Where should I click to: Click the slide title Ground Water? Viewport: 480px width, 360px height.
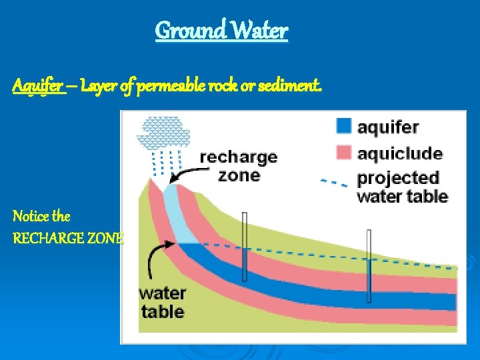point(221,31)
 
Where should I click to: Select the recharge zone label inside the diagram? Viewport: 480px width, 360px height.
point(238,166)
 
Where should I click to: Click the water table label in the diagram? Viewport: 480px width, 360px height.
point(162,302)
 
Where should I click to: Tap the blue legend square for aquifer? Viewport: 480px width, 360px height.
point(344,126)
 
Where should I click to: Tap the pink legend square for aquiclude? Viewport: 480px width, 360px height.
point(344,153)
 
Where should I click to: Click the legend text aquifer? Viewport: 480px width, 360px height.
point(388,127)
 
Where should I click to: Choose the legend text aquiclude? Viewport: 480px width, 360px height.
point(399,153)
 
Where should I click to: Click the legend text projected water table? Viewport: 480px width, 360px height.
point(402,187)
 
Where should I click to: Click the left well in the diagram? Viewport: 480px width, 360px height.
point(245,247)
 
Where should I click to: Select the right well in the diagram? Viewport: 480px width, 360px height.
point(368,267)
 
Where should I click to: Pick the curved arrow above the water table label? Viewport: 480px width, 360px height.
point(160,257)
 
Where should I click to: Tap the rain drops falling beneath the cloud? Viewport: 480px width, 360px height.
point(167,160)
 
